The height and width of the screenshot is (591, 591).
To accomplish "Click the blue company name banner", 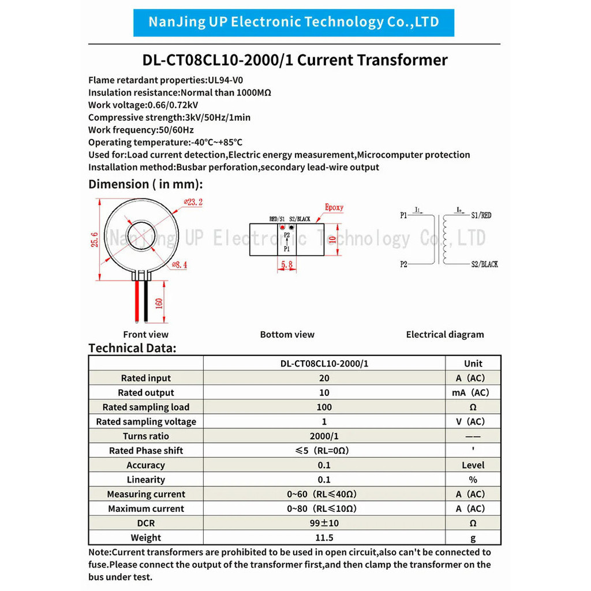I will point(294,23).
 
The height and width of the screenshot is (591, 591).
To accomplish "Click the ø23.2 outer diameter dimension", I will point(193,202).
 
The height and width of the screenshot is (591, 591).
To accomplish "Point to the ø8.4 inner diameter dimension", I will point(180,265).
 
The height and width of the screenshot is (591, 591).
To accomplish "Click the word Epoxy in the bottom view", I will point(334,207).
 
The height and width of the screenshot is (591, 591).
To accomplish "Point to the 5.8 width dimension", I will point(287,264).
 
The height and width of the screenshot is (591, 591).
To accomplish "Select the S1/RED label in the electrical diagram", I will point(481,215).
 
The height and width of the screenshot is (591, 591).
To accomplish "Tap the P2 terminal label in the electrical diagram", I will point(403,264).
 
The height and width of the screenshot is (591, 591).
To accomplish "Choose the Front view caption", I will point(146,335).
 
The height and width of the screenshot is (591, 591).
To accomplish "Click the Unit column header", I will point(473,364).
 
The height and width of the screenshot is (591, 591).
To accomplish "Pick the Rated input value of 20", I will point(324,378).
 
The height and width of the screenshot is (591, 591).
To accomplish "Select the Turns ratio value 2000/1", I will point(324,436).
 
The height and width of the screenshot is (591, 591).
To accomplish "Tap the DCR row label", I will point(146,523).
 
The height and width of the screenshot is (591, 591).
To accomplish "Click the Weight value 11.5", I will point(324,537).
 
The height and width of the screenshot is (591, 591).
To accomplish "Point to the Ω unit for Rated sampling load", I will point(473,407).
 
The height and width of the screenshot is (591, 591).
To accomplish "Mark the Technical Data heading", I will point(132,348).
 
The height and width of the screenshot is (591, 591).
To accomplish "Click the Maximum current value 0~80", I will point(321,508).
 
